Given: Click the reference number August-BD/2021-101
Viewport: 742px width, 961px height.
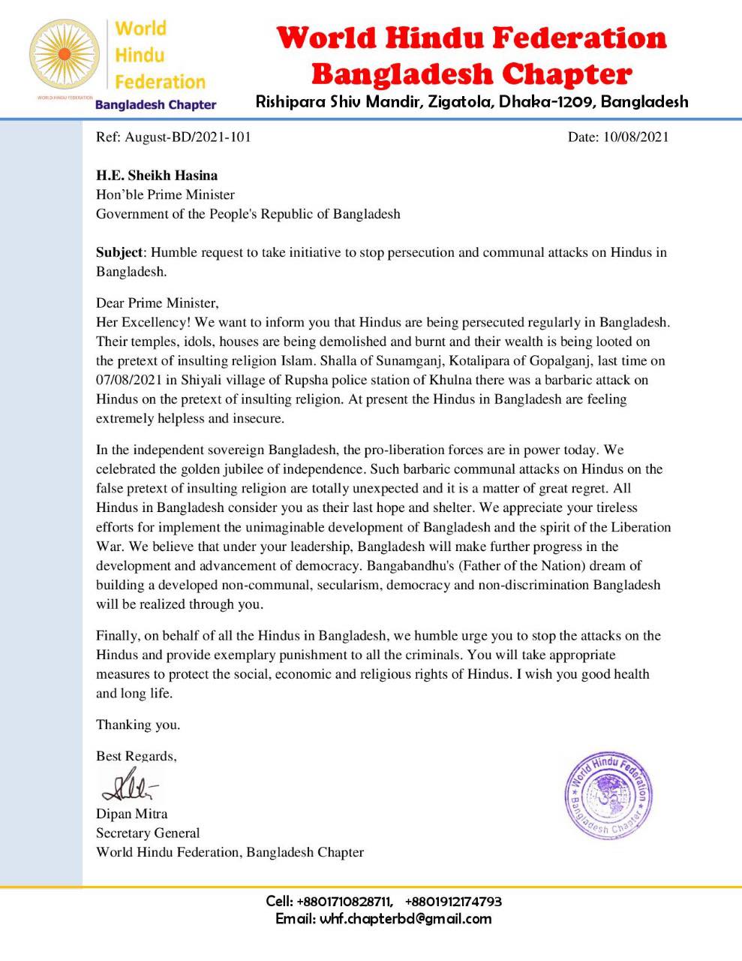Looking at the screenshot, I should coord(188,137).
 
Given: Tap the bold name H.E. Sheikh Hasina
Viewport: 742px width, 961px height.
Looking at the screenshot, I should coord(157,176).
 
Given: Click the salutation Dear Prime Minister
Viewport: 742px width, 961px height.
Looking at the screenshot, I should coord(157,303).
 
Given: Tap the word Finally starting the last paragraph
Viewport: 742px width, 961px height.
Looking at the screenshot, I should coord(117,636).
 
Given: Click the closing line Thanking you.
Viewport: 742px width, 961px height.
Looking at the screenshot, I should coord(138,725).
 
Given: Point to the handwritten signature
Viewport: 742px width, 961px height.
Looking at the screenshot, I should coord(129,786).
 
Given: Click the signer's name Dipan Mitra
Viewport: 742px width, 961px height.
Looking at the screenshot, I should coord(132,814).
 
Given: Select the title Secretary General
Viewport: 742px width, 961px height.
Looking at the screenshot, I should coord(148,833).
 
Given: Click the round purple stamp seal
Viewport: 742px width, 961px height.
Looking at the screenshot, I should coord(608,793).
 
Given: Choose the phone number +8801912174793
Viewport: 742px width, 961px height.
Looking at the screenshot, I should coord(453,901).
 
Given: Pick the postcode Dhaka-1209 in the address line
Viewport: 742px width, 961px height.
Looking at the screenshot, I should coord(542,101).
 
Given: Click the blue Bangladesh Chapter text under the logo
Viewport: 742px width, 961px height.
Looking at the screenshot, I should coord(155,105).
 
